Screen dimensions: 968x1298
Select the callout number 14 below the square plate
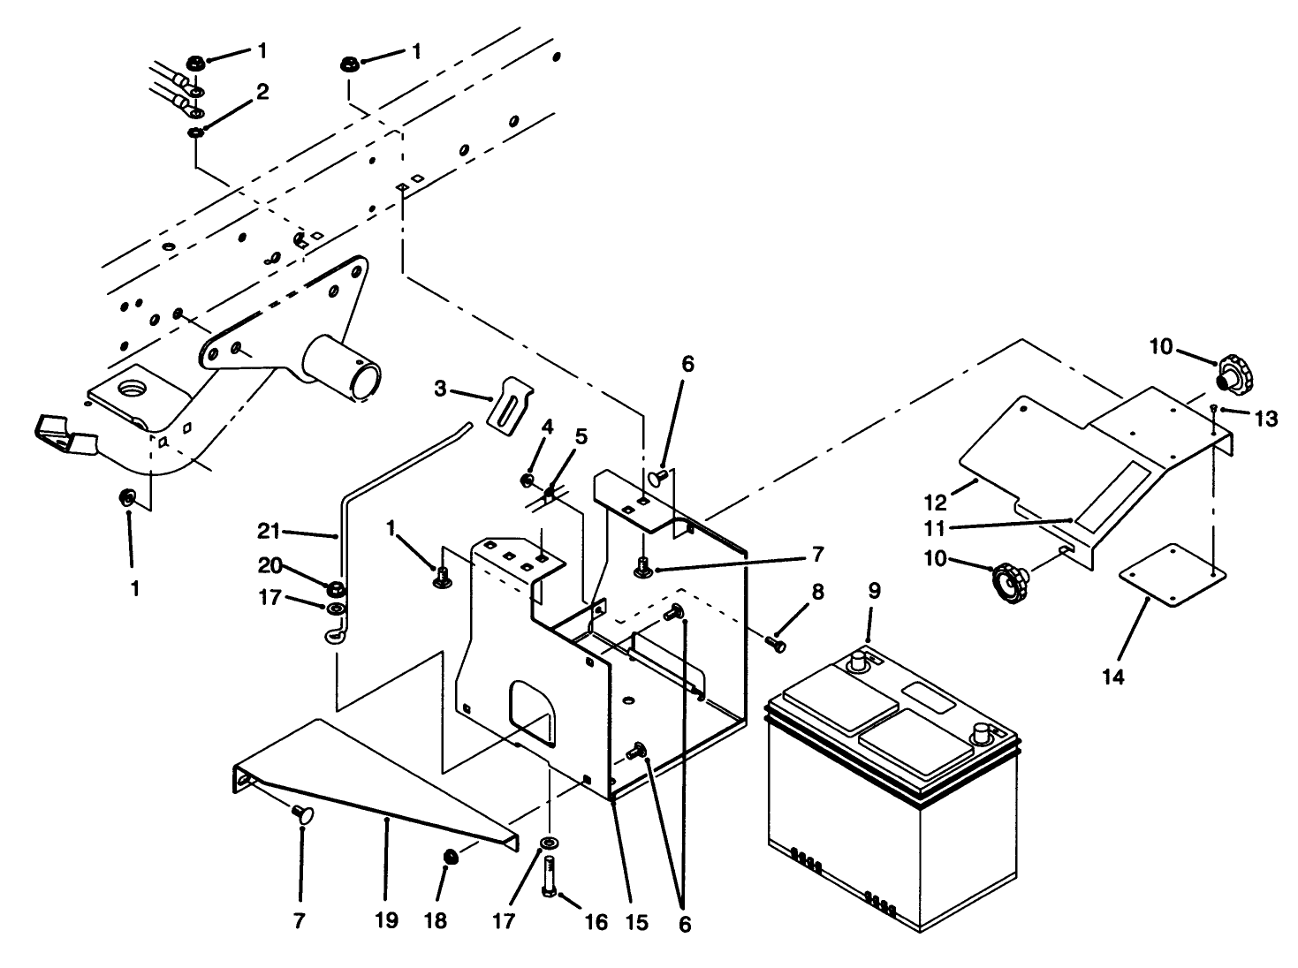1113,677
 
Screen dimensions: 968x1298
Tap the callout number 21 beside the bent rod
269,532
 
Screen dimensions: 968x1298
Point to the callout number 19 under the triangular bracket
386,921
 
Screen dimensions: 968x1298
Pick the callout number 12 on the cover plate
935,503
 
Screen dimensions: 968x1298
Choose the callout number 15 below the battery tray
636,922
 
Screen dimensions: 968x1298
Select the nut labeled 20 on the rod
336,588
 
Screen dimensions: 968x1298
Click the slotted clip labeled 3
512,405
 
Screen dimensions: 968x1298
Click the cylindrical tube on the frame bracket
345,371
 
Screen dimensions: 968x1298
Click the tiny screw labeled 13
1216,408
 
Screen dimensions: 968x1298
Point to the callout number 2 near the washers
262,92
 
